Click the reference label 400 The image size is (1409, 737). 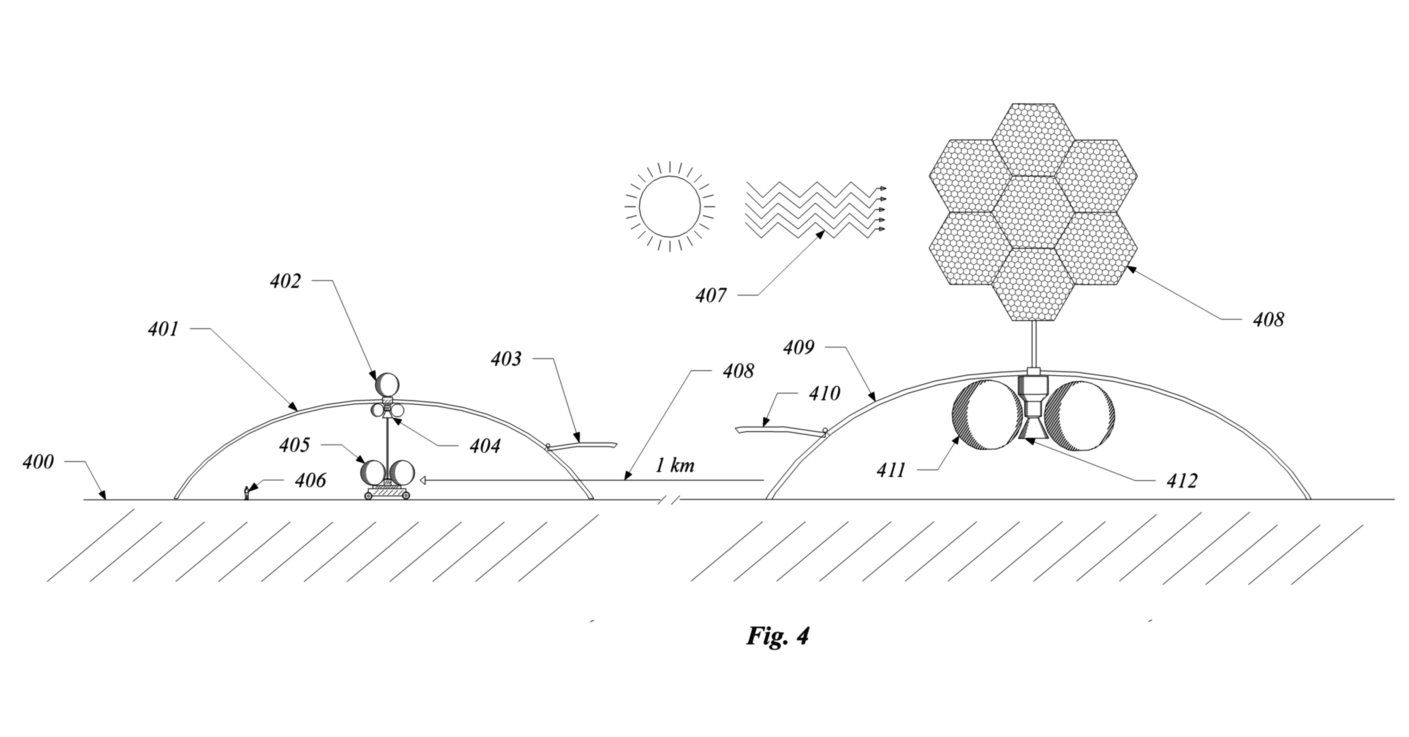point(38,462)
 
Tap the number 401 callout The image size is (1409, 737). point(163,330)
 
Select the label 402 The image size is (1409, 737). point(286,281)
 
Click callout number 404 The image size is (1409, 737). point(485,447)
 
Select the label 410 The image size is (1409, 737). point(824,393)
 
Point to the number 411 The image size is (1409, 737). point(892,470)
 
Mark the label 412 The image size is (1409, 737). point(1182,481)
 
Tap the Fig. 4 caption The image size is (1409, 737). point(778,636)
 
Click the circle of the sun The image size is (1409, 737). point(670,206)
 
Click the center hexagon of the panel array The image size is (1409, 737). point(1033,212)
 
